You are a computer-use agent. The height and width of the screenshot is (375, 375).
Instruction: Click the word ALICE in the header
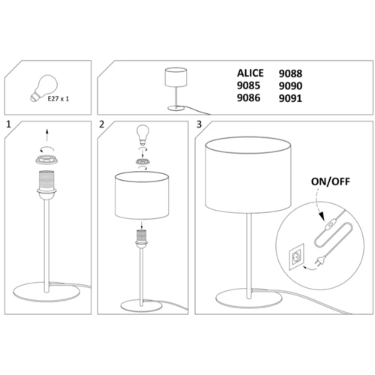(x=250, y=73)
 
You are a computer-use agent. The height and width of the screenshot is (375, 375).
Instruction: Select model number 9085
(x=248, y=85)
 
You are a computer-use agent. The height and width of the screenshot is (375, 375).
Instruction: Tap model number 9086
(x=248, y=97)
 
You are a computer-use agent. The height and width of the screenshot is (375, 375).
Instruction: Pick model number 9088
(x=290, y=73)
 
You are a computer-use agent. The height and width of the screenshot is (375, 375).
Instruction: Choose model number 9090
(x=290, y=86)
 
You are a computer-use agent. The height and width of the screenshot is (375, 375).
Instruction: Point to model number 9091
(x=290, y=98)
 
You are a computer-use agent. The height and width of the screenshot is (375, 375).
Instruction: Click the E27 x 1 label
(x=58, y=99)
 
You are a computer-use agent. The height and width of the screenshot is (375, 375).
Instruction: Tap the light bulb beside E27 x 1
(x=44, y=88)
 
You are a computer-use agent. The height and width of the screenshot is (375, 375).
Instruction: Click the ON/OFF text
(x=331, y=181)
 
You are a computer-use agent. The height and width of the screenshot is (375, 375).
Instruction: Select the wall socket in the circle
(x=297, y=256)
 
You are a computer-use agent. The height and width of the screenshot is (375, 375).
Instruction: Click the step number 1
(x=9, y=124)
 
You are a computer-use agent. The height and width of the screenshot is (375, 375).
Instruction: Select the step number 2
(x=101, y=124)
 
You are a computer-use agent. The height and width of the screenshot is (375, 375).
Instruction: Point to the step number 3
(x=199, y=124)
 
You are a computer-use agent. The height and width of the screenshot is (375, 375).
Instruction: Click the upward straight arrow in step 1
(x=47, y=135)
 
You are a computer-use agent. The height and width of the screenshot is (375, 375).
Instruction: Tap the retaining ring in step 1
(x=45, y=160)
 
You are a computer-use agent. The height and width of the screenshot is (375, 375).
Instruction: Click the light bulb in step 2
(x=142, y=136)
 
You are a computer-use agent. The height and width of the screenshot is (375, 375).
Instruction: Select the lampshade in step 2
(x=142, y=196)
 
